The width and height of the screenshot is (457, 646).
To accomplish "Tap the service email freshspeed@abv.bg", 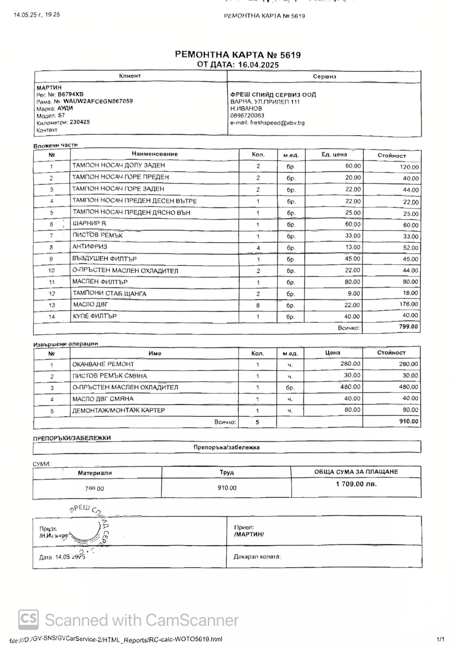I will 277,123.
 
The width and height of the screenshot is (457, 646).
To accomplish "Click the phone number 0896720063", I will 247,116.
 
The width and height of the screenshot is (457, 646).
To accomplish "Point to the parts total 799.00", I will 408,327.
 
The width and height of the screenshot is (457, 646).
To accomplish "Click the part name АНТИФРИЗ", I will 90,247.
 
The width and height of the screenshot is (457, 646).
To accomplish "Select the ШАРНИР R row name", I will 89,224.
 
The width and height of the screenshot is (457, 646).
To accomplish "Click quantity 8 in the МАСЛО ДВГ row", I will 258,305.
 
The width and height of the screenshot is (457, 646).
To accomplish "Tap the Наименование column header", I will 154,154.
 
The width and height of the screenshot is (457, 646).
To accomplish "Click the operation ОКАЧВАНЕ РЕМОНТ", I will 103,364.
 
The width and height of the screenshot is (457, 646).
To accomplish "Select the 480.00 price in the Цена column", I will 350,387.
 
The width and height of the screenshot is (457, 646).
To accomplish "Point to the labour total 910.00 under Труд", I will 227,488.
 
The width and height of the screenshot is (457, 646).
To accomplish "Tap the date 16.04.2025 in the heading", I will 259,65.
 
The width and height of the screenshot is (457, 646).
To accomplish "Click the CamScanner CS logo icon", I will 28,620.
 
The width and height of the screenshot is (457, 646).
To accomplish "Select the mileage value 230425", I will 80,122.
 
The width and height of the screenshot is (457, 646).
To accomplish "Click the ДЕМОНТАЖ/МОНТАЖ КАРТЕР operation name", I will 119,411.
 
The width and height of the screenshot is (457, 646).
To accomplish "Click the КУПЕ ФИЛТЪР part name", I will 95,316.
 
